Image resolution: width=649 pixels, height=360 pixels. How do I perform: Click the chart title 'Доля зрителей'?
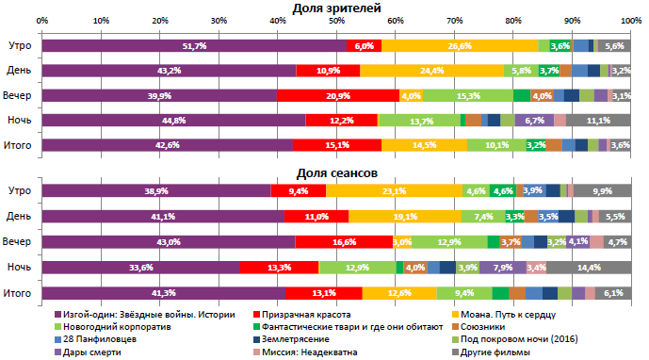pyautogui.click(x=336, y=8)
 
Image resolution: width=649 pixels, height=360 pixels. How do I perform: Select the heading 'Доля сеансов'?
pyautogui.click(x=336, y=172)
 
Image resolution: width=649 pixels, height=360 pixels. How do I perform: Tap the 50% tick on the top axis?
pyautogui.click(x=336, y=20)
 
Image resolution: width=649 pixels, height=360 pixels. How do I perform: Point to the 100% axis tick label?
pyautogui.click(x=629, y=20)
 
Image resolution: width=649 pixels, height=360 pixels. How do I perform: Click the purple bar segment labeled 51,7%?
pyautogui.click(x=194, y=45)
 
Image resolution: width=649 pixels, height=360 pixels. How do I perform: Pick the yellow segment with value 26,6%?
pyautogui.click(x=460, y=45)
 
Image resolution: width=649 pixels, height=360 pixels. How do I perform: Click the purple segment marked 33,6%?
pyautogui.click(x=140, y=267)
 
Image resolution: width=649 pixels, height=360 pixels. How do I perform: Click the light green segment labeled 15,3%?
pyautogui.click(x=468, y=95)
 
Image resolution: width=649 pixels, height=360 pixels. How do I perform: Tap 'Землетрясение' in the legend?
pyautogui.click(x=296, y=339)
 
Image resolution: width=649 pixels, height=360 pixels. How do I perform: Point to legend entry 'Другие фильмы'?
pyautogui.click(x=494, y=352)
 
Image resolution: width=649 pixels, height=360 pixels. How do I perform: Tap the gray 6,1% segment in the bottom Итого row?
pyautogui.click(x=613, y=292)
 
